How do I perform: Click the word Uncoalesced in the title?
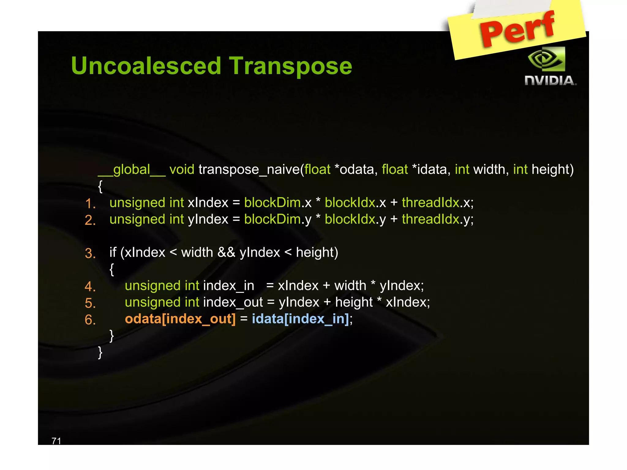tap(146, 66)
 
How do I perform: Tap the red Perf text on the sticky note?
tap(517, 29)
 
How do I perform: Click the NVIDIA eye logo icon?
tap(547, 59)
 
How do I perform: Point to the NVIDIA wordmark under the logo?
tap(550, 81)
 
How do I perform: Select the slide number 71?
tap(56, 441)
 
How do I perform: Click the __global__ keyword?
tap(132, 170)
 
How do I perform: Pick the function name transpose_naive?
tap(249, 170)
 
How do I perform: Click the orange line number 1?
tap(90, 203)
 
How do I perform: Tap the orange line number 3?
tap(90, 253)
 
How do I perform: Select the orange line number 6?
tap(90, 320)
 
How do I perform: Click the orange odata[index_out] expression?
tap(180, 319)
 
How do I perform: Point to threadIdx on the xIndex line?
tap(430, 203)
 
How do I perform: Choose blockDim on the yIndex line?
tap(272, 219)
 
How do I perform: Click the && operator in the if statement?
tap(226, 252)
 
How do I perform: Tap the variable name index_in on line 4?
tap(228, 286)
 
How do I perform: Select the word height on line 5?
tap(354, 302)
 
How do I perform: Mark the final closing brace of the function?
tap(100, 352)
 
